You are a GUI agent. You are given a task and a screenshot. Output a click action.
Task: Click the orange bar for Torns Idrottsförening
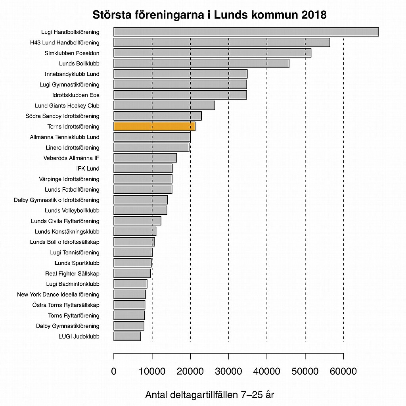tap(154, 127)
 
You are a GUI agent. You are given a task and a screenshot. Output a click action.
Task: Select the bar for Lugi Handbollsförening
tap(246, 32)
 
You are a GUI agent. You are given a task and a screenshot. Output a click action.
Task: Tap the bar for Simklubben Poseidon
tap(212, 53)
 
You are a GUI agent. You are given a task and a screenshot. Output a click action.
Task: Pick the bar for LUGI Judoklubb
tap(127, 337)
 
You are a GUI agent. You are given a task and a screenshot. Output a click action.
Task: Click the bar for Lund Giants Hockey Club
tap(164, 106)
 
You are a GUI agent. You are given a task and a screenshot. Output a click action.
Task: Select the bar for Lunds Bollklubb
tap(201, 63)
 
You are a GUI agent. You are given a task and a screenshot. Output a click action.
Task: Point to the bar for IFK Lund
tap(143, 169)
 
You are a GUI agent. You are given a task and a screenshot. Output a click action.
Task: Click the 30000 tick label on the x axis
tap(229, 371)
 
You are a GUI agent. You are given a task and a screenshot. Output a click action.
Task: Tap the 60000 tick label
tap(343, 371)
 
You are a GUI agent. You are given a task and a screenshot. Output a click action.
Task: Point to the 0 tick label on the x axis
tap(114, 371)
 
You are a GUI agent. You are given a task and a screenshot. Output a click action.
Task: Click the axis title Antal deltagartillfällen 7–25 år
tap(210, 395)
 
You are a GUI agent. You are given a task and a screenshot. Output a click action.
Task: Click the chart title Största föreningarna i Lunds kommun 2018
tap(209, 15)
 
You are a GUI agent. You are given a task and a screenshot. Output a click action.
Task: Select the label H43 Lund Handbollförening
tap(65, 42)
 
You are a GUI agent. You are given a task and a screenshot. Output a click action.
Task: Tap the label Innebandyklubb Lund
tap(72, 74)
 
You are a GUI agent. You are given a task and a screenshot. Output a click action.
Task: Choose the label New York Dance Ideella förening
tap(58, 294)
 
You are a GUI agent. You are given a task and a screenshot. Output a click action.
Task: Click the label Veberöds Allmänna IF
tap(71, 158)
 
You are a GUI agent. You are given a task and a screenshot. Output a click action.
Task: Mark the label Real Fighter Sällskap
tap(72, 273)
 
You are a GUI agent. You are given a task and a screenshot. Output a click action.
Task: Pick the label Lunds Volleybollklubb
tap(72, 210)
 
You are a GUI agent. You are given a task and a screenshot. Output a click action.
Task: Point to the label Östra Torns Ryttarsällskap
tap(66, 305)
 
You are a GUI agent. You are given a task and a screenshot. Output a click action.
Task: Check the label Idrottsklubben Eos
tap(76, 95)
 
